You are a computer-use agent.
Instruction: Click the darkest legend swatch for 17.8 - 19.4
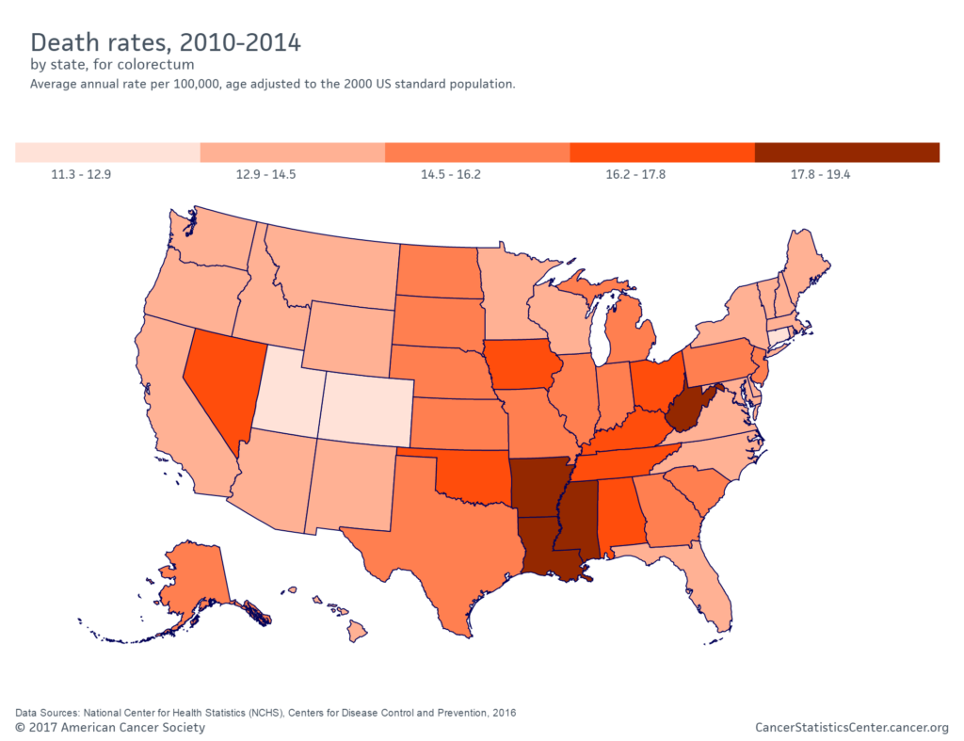click(x=846, y=153)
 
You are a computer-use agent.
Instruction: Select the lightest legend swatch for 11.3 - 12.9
click(x=107, y=153)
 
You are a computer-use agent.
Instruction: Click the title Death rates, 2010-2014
click(x=166, y=42)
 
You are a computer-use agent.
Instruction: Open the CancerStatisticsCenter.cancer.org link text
click(x=851, y=727)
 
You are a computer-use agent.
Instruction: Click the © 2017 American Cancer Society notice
click(x=110, y=727)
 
